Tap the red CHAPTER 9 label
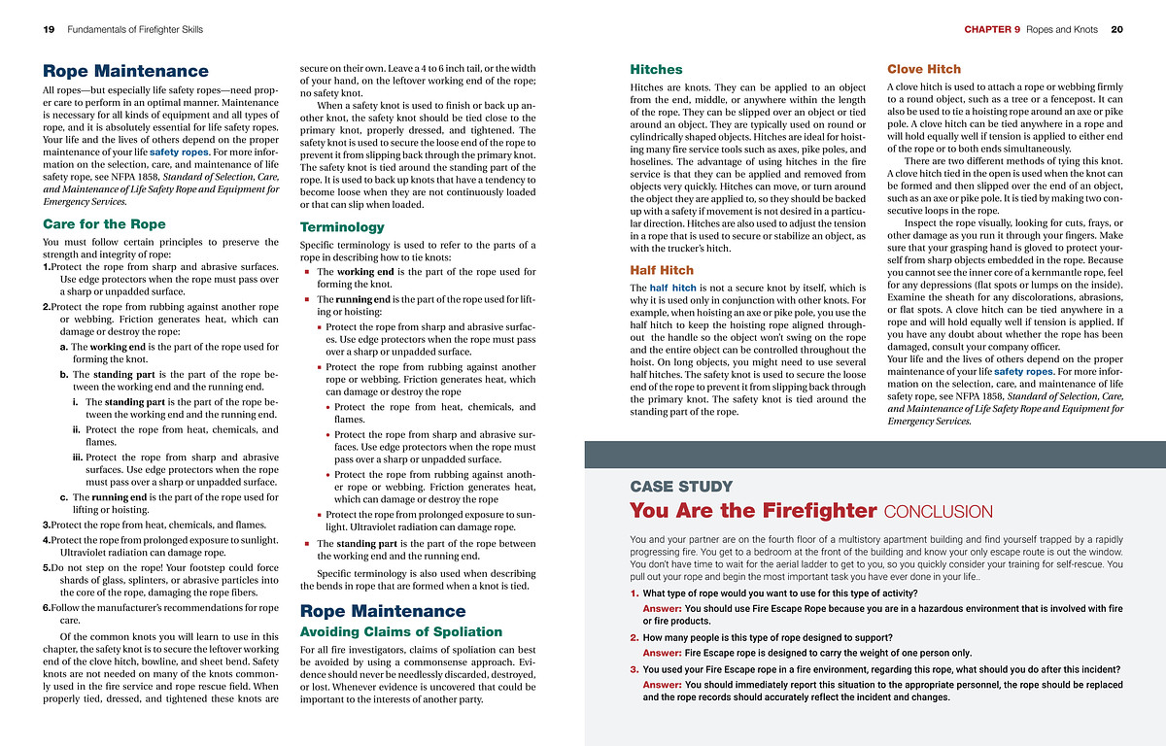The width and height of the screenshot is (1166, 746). point(992,30)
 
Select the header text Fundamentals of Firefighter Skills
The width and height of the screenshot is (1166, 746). point(135,30)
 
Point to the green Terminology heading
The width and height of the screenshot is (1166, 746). point(342,227)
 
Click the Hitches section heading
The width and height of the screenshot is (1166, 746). point(656,70)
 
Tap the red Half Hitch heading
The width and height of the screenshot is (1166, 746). point(662,270)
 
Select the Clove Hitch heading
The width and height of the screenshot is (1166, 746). point(924,70)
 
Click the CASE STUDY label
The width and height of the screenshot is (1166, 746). point(681,487)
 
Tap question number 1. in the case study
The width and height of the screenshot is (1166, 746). point(634,593)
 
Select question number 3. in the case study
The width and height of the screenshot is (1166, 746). point(634,669)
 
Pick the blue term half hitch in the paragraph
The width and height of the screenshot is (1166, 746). point(672,288)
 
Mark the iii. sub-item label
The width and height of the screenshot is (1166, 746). point(75,458)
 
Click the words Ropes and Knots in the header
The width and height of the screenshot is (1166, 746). point(1062,30)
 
